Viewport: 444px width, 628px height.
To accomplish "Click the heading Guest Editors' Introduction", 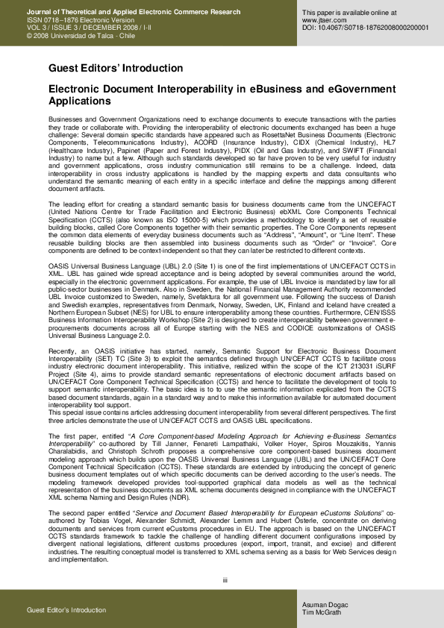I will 115,68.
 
